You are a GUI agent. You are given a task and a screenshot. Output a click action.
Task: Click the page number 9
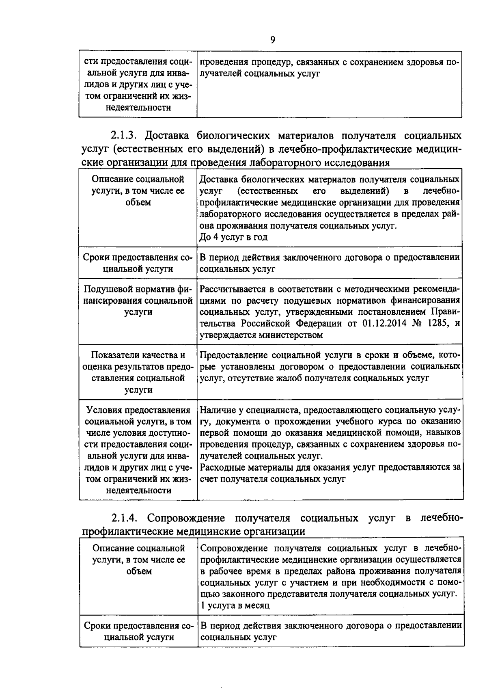point(272,39)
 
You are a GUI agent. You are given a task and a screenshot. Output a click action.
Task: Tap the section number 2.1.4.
point(126,518)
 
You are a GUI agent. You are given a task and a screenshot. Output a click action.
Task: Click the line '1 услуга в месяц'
point(235,605)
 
